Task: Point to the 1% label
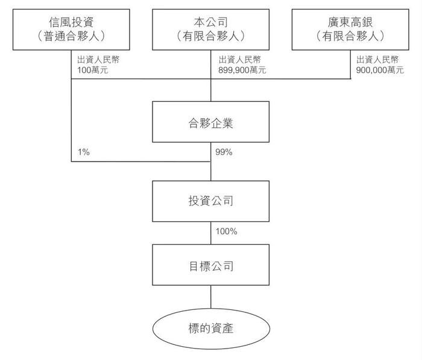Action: click(x=83, y=152)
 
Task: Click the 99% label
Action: click(x=224, y=152)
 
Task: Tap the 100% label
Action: click(x=226, y=231)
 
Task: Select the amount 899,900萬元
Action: click(x=242, y=70)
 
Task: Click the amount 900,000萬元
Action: click(x=380, y=70)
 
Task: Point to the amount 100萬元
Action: click(x=92, y=70)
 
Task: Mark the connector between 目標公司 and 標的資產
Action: click(x=210, y=298)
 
